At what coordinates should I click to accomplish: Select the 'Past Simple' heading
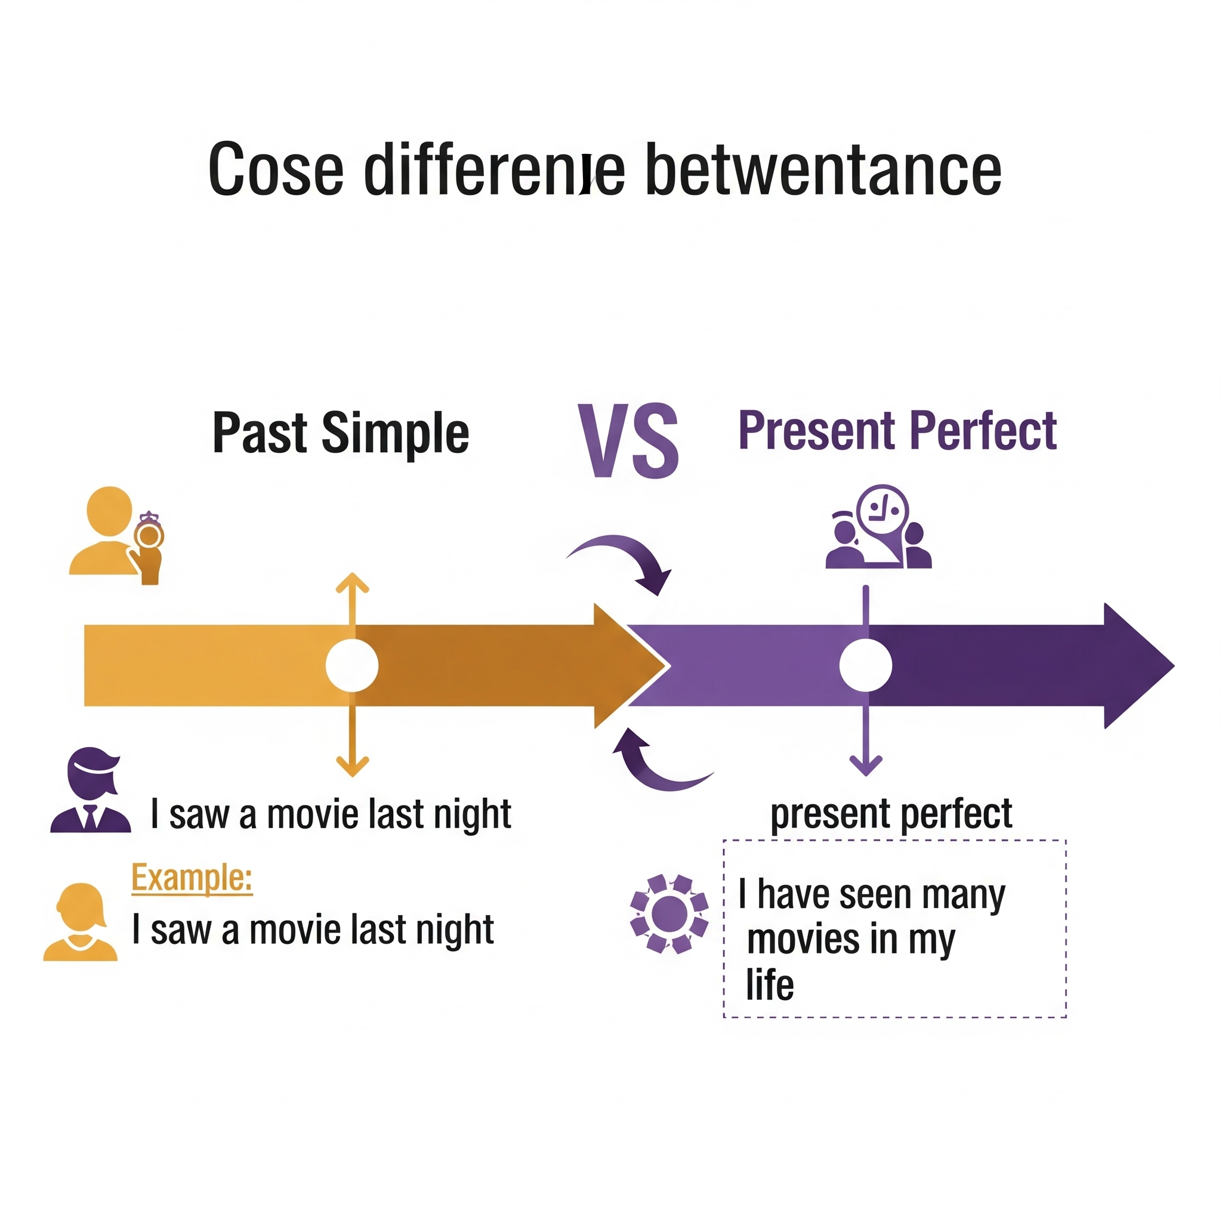click(x=340, y=433)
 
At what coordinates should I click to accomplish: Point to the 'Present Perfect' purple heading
click(x=897, y=431)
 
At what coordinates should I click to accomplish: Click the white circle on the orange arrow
click(x=352, y=665)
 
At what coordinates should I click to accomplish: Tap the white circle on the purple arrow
click(x=865, y=665)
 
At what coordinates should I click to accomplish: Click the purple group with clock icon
click(x=879, y=528)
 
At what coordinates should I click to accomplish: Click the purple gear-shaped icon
click(x=669, y=914)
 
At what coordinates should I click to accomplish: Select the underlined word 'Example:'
click(x=192, y=878)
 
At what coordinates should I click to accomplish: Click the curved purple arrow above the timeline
click(x=626, y=560)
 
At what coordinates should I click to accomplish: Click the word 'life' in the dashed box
click(x=770, y=985)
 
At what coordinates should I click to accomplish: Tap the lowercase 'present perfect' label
click(x=891, y=814)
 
